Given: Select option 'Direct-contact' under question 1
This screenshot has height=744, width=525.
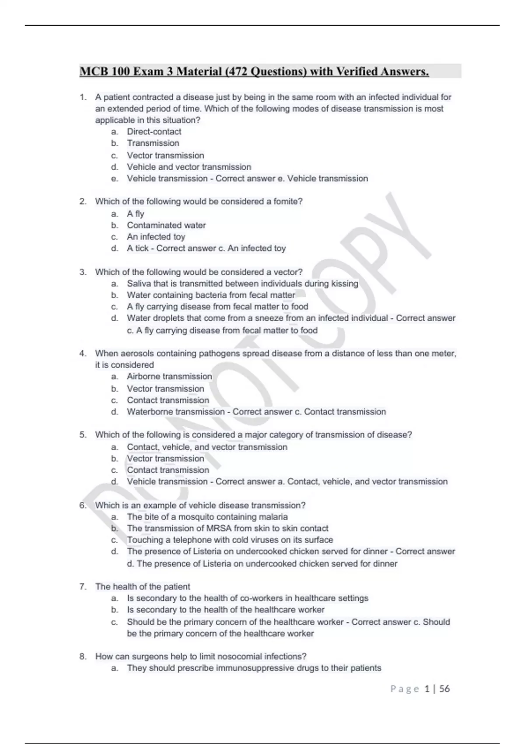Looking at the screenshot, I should (x=154, y=132).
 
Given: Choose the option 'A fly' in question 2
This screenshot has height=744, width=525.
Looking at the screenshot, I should (x=136, y=214).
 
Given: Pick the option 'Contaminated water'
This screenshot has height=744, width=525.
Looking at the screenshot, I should (x=166, y=225).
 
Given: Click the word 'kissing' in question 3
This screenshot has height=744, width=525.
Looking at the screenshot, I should (x=344, y=284).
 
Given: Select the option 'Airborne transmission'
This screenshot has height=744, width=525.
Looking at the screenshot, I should (x=169, y=376).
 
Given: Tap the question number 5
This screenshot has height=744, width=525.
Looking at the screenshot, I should (x=83, y=435).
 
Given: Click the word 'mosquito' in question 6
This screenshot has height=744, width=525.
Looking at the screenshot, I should (x=195, y=517).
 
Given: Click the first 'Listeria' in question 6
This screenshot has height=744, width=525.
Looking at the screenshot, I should (x=217, y=551).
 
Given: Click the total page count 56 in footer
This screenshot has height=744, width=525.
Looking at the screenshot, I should (x=444, y=689).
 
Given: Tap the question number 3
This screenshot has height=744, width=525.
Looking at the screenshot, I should (x=83, y=272).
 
